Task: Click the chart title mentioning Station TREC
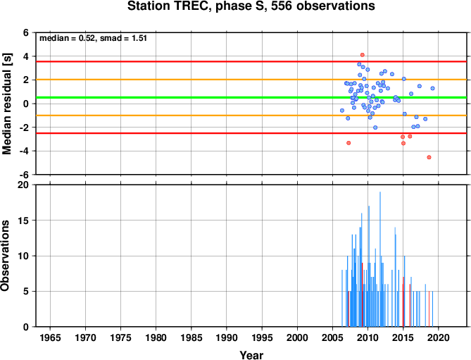tap(251, 6)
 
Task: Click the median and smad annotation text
tap(93, 38)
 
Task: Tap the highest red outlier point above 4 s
tap(363, 55)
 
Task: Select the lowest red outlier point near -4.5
tap(429, 157)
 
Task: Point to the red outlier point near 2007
tap(348, 143)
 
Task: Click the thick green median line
tap(251, 97)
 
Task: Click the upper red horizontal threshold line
tap(251, 61)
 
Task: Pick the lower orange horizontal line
tap(251, 116)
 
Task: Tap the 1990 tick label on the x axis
tap(227, 337)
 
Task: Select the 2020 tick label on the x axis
tap(438, 337)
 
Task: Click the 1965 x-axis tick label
tap(50, 337)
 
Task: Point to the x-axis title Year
tap(251, 355)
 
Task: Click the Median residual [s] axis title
tap(6, 104)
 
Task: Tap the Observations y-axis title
tap(5, 256)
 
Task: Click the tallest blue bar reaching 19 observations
tap(380, 259)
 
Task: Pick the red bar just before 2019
tap(429, 309)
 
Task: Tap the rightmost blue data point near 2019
tap(432, 88)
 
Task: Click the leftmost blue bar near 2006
tap(342, 299)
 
